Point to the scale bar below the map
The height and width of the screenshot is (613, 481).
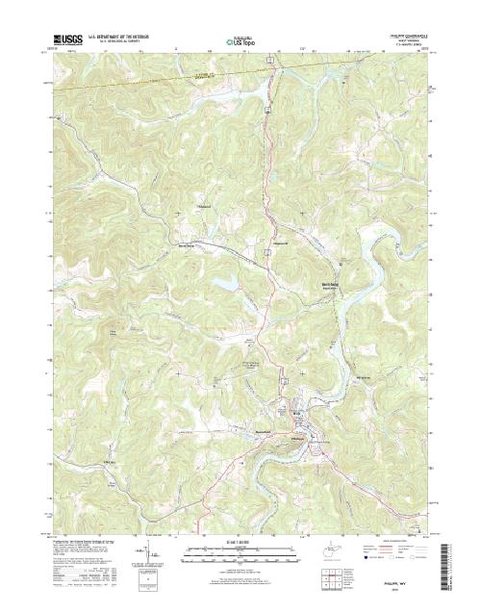pyautogui.click(x=240, y=552)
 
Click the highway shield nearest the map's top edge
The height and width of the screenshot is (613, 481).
pyautogui.click(x=272, y=61)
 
